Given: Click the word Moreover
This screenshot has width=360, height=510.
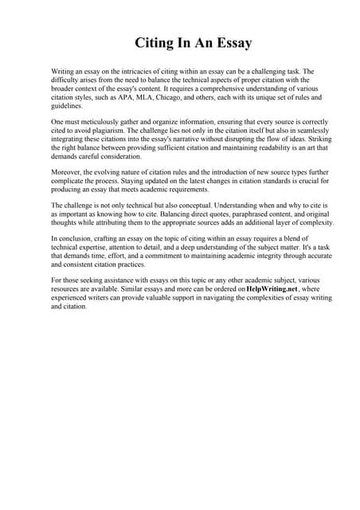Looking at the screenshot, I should [68, 171].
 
